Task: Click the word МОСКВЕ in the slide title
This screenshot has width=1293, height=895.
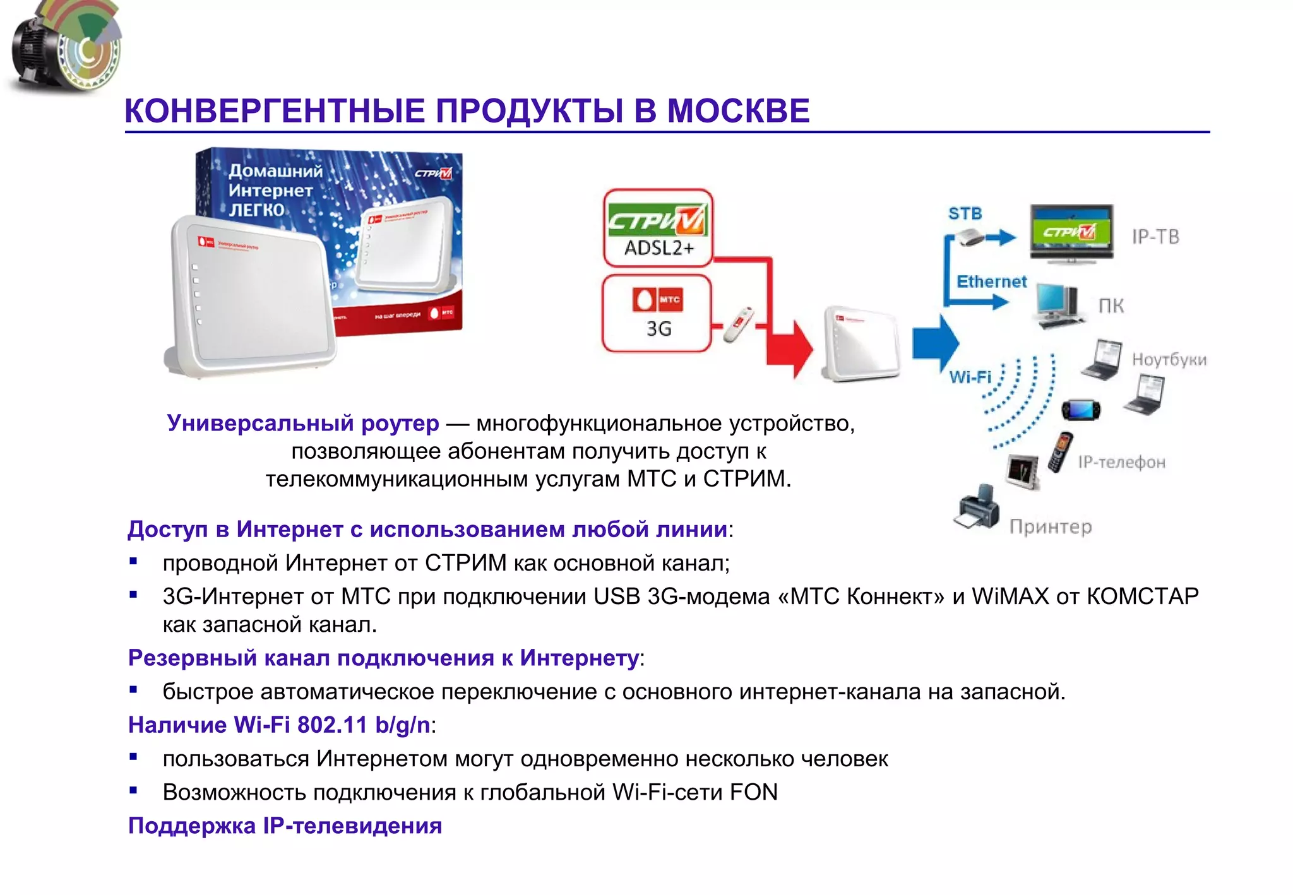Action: [x=737, y=111]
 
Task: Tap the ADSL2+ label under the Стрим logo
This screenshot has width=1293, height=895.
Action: [x=658, y=248]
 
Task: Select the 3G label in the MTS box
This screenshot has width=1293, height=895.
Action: [x=658, y=329]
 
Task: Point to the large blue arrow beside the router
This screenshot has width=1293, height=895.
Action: [x=936, y=343]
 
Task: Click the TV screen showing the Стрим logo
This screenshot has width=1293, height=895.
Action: [x=1071, y=231]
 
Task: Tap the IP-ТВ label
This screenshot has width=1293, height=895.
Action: [x=1155, y=237]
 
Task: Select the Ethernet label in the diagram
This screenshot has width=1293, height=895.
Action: [x=991, y=282]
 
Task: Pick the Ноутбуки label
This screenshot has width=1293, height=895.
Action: [x=1169, y=360]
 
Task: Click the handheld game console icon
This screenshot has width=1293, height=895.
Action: [x=1081, y=410]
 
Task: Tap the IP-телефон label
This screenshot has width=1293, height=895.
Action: [x=1121, y=463]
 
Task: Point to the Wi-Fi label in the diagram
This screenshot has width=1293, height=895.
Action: [x=970, y=377]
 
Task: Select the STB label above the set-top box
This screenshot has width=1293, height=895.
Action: [x=965, y=214]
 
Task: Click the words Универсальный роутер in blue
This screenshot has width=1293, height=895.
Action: [x=303, y=423]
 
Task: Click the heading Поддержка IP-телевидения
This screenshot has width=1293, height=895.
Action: [x=285, y=826]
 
